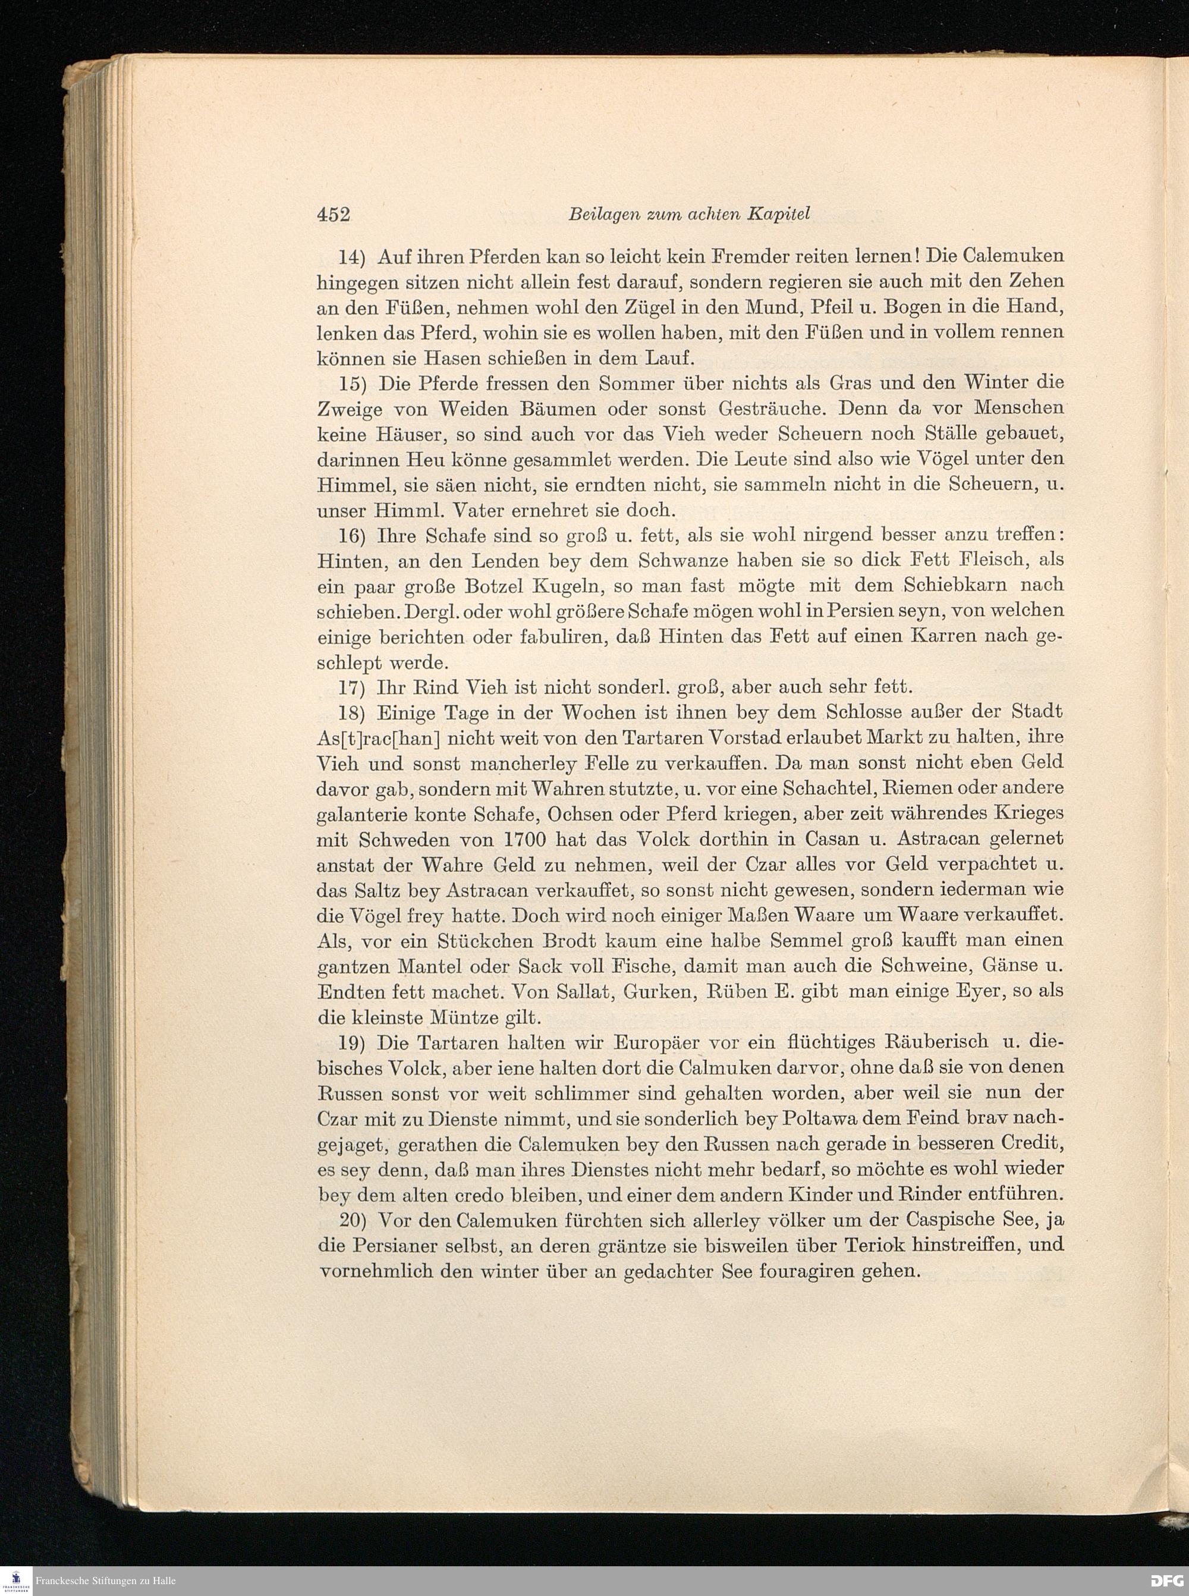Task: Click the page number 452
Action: [332, 215]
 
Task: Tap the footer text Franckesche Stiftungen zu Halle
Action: [106, 1581]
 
